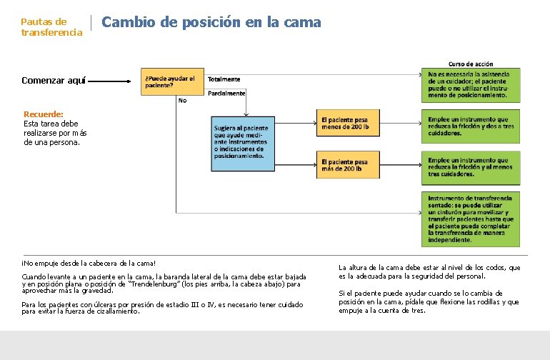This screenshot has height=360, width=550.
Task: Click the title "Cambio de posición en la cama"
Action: [211, 22]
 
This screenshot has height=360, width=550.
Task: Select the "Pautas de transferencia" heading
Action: [51, 27]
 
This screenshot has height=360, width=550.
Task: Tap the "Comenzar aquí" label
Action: [53, 81]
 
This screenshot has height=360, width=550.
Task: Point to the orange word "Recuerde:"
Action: [44, 114]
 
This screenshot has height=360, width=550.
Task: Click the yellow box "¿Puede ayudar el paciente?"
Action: [174, 81]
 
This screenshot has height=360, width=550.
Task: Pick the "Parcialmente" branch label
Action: [226, 93]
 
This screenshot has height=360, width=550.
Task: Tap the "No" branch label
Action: [182, 101]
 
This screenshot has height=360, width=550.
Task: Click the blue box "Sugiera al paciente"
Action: [243, 142]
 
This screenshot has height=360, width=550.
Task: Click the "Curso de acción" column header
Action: [470, 64]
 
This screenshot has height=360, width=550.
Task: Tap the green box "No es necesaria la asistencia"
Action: [474, 84]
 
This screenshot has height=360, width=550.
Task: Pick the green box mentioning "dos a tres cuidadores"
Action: [474, 125]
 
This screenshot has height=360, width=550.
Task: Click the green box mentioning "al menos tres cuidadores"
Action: [474, 166]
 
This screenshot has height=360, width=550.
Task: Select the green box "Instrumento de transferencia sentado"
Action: [474, 218]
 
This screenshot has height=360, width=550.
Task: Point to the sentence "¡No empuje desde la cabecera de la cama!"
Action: [89, 264]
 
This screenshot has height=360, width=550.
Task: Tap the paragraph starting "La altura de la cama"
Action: [429, 271]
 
